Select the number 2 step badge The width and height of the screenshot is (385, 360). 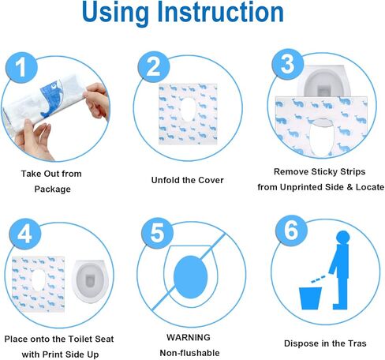pos(154,67)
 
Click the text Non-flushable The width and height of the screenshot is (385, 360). pos(188,353)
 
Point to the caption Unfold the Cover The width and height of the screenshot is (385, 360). pos(187,180)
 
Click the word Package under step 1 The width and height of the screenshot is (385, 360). pos(52,189)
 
